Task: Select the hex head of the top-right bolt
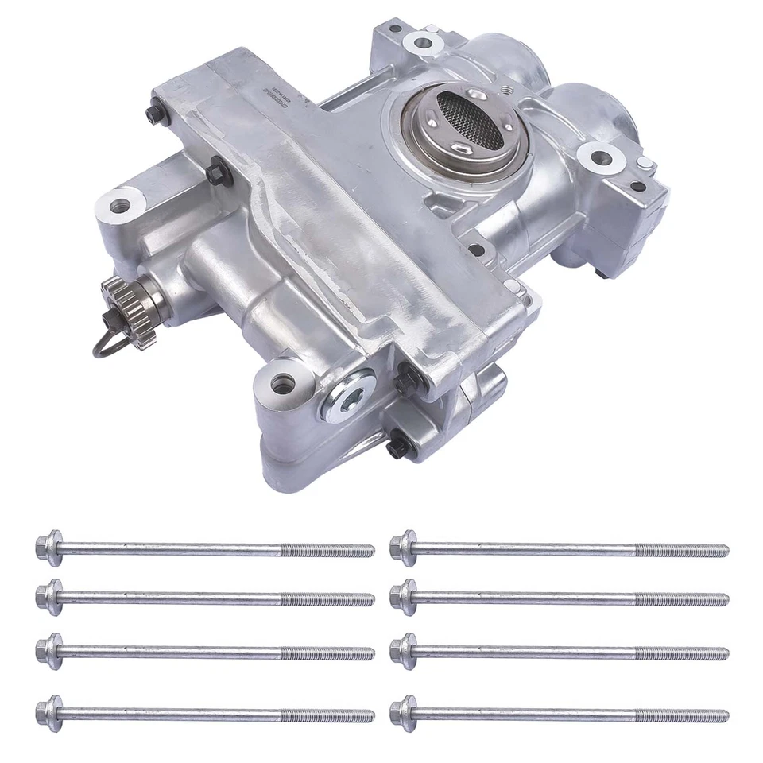pos(403,548)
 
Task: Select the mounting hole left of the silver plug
pos(283,383)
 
